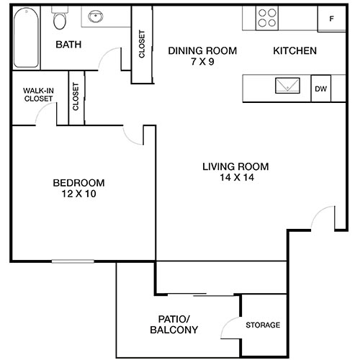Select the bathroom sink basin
tap(96, 17)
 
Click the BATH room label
tap(69, 45)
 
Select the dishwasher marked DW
tap(320, 89)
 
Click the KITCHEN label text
tap(295, 51)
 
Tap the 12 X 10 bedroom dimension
tap(78, 194)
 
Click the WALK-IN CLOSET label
tap(37, 94)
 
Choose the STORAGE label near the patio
tap(263, 325)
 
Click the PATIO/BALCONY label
tap(174, 325)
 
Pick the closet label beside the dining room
tap(142, 45)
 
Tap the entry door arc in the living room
tap(324, 216)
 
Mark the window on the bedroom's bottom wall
tap(72, 261)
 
